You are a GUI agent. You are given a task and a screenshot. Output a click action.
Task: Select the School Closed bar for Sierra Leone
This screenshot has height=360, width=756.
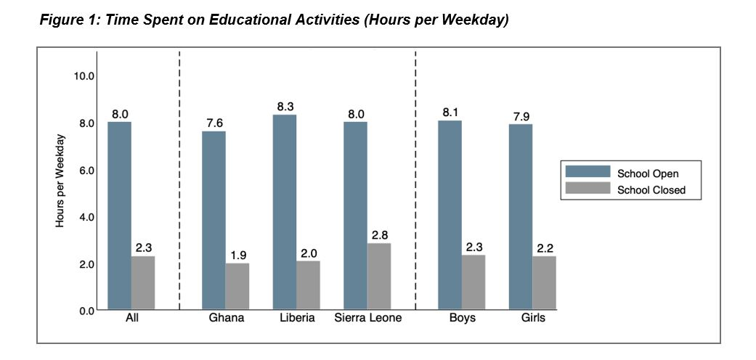(x=378, y=277)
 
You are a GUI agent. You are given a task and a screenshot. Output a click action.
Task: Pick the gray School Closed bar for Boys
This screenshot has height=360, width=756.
(x=473, y=282)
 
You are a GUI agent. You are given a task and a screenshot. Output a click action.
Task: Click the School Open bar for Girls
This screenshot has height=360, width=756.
(x=521, y=218)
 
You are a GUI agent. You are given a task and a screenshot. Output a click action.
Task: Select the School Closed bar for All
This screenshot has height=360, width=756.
(x=143, y=283)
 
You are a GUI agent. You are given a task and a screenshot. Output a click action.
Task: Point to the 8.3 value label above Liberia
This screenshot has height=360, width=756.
(x=285, y=107)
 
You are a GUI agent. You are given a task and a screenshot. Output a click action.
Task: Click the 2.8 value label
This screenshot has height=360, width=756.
(x=379, y=235)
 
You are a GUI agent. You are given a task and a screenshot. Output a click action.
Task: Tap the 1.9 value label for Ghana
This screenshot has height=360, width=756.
(x=237, y=255)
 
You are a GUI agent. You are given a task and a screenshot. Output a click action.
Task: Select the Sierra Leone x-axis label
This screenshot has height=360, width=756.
(x=368, y=319)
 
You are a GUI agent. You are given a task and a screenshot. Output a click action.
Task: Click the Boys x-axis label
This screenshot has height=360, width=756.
(x=461, y=319)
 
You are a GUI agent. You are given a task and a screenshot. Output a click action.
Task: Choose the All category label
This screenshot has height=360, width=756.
(x=131, y=319)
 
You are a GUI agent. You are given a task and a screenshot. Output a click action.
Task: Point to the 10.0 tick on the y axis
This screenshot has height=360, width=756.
(x=84, y=76)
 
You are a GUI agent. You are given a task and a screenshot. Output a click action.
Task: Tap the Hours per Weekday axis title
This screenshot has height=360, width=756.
(x=61, y=181)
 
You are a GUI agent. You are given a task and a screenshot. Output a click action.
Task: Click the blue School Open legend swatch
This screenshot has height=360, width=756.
(x=588, y=173)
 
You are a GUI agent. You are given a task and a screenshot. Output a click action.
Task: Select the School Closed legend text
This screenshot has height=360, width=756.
(x=651, y=191)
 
